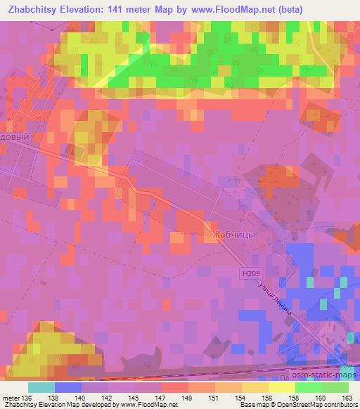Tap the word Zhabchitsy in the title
34,11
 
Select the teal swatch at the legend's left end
41,387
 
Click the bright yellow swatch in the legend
281,387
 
